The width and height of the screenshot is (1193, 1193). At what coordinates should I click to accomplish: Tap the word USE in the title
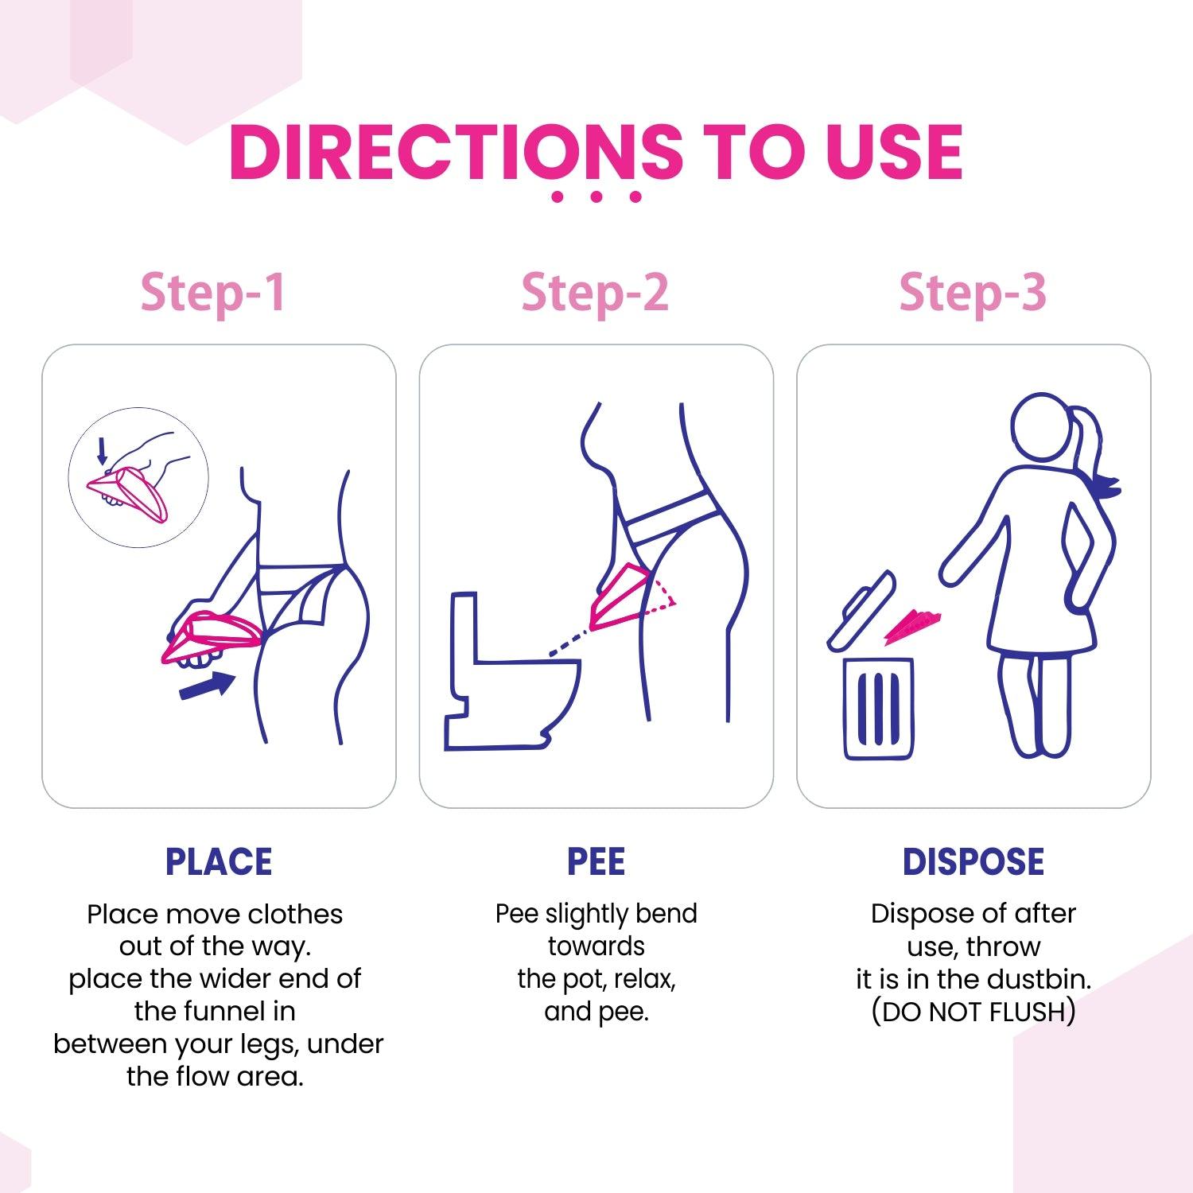(x=894, y=152)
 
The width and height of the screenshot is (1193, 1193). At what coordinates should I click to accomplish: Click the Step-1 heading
(x=213, y=293)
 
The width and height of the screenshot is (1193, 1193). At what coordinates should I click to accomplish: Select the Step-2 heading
(x=595, y=293)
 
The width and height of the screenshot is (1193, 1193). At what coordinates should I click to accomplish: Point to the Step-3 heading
(x=972, y=293)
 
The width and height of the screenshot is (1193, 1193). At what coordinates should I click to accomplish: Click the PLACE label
(x=219, y=862)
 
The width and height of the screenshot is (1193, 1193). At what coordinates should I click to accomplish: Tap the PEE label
(x=596, y=862)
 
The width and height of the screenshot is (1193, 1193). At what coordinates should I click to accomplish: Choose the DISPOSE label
(x=973, y=862)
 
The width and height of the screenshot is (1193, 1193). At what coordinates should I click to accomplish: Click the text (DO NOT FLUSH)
(x=973, y=1012)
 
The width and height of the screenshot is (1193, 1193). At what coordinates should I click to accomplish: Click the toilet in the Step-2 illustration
(x=509, y=684)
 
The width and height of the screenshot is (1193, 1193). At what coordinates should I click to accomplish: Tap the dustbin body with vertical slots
(x=878, y=708)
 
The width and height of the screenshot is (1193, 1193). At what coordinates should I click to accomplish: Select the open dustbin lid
(x=861, y=611)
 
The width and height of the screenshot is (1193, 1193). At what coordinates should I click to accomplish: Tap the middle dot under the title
(x=596, y=196)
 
